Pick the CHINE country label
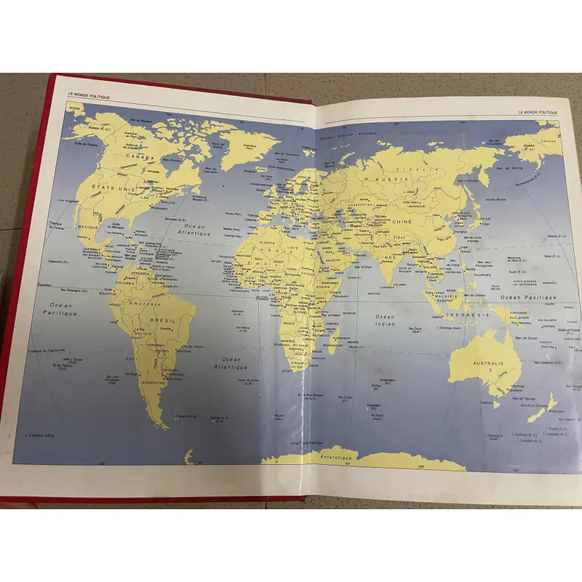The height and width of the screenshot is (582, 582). [x=402, y=221]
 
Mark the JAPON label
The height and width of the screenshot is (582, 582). [x=485, y=218]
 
